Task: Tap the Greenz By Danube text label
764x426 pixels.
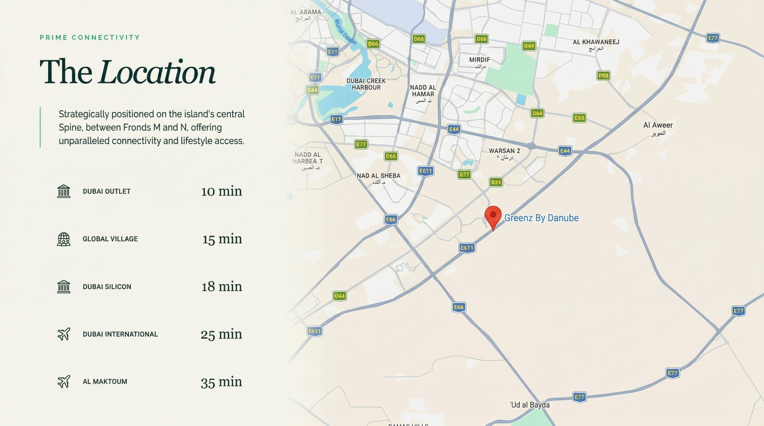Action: pyautogui.click(x=541, y=218)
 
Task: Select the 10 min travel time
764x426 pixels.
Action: pyautogui.click(x=221, y=191)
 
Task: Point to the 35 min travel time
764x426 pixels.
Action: pyautogui.click(x=221, y=382)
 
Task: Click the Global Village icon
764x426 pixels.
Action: pyautogui.click(x=64, y=239)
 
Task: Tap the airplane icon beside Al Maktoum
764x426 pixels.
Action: pyautogui.click(x=64, y=382)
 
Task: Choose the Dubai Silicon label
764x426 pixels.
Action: pyautogui.click(x=107, y=287)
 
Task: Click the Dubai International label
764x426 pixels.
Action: pyautogui.click(x=120, y=334)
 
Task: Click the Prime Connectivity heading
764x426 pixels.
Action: pyautogui.click(x=90, y=38)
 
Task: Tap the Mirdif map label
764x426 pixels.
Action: pyautogui.click(x=479, y=60)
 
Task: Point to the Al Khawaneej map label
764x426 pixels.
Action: pyautogui.click(x=596, y=42)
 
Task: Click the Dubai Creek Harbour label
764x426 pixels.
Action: pyautogui.click(x=366, y=84)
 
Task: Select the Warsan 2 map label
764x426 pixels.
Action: pyautogui.click(x=504, y=151)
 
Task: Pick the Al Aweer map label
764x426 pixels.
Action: pyautogui.click(x=658, y=126)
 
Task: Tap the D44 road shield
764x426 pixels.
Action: pyautogui.click(x=339, y=296)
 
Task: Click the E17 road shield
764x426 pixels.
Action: pyautogui.click(x=336, y=120)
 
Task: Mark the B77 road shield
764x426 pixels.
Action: pyautogui.click(x=464, y=175)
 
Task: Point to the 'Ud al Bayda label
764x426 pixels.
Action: pyautogui.click(x=529, y=405)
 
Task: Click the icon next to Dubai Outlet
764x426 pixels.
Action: pyautogui.click(x=64, y=191)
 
